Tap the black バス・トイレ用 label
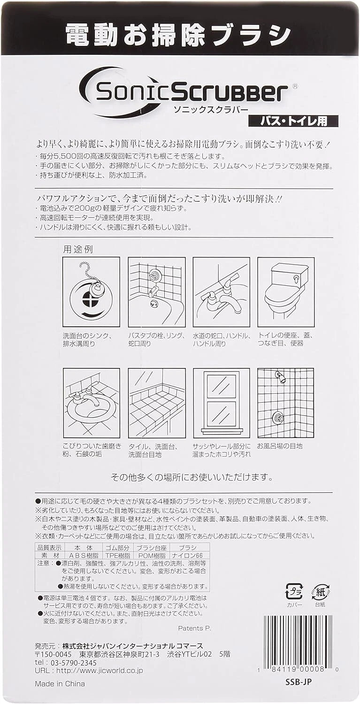[294, 121]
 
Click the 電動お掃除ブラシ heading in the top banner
[178, 34]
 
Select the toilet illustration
[286, 291]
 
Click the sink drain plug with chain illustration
[91, 291]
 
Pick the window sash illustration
[221, 403]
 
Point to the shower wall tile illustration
[286, 403]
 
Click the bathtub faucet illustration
[156, 291]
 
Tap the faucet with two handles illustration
[221, 291]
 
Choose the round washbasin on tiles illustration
[91, 403]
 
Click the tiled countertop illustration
[156, 403]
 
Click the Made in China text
[60, 683]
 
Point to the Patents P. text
[194, 628]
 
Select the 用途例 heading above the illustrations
[78, 249]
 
